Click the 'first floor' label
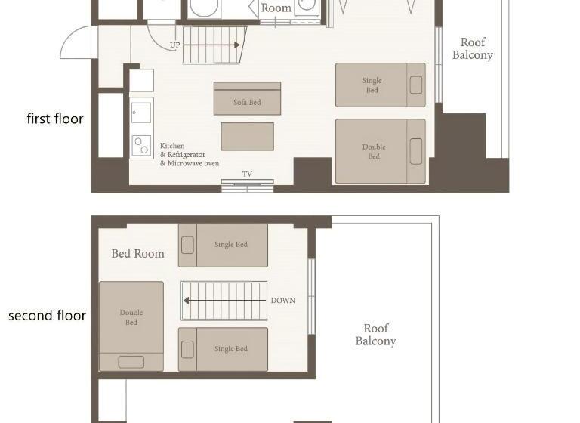(55, 119)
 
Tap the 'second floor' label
(47, 316)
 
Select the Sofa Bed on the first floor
(247, 98)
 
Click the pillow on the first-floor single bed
(416, 85)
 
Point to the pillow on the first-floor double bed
(416, 151)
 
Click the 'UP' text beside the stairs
(174, 45)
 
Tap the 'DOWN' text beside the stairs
(283, 301)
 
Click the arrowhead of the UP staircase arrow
(236, 45)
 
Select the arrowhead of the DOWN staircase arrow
(187, 301)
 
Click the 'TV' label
(247, 174)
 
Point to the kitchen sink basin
(141, 113)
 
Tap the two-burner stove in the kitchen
(141, 146)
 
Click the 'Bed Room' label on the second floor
(138, 254)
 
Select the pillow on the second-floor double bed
(131, 362)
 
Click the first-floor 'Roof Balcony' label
(473, 48)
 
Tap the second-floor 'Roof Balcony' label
(376, 335)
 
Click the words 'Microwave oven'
(193, 164)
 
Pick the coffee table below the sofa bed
(247, 137)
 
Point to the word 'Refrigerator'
(186, 155)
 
